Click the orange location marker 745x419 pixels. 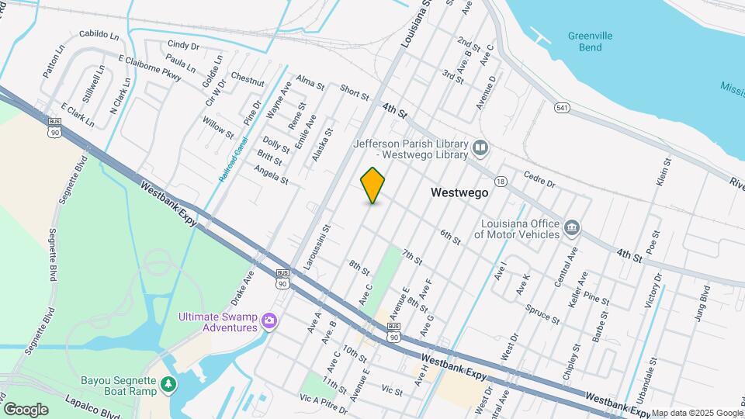tap(372, 185)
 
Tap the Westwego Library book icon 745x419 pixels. tap(480, 147)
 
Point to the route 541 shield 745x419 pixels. tap(561, 107)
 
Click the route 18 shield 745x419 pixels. tap(501, 181)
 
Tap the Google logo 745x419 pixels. tap(26, 409)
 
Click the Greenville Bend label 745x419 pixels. tap(590, 41)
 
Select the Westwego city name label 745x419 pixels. tap(459, 193)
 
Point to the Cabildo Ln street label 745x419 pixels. tap(99, 36)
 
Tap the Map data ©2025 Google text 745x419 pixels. tap(696, 413)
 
